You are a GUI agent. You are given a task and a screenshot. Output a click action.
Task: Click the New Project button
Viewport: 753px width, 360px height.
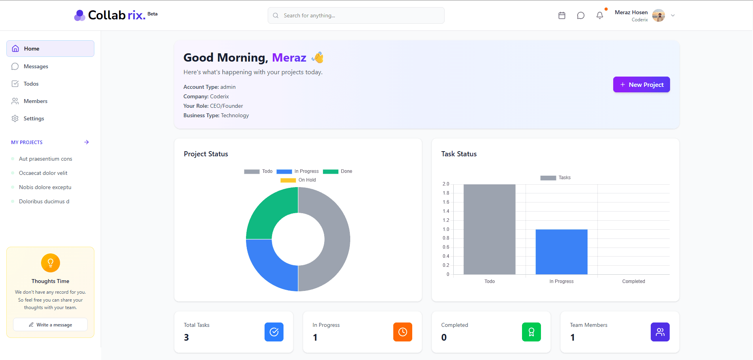click(641, 84)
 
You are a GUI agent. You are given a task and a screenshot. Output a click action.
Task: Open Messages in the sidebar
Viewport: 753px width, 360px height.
click(36, 66)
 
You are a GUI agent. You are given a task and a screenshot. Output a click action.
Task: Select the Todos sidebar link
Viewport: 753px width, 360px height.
click(31, 84)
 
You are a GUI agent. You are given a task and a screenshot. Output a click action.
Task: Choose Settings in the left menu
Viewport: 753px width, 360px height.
click(34, 118)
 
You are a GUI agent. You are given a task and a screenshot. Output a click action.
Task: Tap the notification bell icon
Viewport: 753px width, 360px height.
click(599, 15)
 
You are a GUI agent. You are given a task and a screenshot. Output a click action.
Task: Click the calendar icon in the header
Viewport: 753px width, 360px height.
click(562, 15)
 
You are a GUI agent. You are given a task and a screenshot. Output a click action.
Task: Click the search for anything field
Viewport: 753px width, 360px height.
click(356, 15)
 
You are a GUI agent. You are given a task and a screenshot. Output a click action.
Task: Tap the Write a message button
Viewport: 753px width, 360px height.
click(50, 324)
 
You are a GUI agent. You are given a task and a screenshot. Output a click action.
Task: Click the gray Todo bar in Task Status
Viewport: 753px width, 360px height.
click(489, 229)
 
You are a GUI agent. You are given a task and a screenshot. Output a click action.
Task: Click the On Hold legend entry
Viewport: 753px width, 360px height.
click(299, 180)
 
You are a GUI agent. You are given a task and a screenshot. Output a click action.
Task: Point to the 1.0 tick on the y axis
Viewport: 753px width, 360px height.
click(446, 229)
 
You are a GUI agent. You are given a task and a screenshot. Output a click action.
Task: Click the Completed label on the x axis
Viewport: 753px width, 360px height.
click(633, 281)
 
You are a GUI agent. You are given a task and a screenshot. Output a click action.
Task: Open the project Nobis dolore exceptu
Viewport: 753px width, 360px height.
click(45, 187)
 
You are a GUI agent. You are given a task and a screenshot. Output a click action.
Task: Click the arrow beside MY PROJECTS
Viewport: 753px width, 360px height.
click(86, 142)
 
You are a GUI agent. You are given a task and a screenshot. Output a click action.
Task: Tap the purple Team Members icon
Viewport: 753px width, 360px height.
click(660, 332)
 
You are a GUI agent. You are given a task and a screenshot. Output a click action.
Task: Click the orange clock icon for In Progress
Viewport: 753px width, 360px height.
click(402, 332)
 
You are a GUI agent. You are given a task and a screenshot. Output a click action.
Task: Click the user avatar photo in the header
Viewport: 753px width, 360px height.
click(658, 15)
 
